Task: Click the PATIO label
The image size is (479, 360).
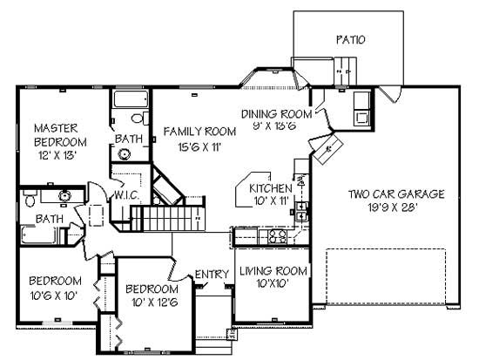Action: (x=349, y=39)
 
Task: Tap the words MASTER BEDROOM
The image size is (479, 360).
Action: (x=60, y=135)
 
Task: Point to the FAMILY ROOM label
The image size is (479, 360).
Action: (x=199, y=131)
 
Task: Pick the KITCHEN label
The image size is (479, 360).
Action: (x=270, y=188)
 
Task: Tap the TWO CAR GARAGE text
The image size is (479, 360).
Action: (x=396, y=194)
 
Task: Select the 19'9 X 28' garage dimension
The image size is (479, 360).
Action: (x=396, y=208)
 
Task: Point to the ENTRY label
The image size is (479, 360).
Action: (x=212, y=275)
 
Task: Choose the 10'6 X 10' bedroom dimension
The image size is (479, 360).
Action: (x=54, y=295)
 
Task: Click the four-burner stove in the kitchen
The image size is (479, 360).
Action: (x=277, y=235)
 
